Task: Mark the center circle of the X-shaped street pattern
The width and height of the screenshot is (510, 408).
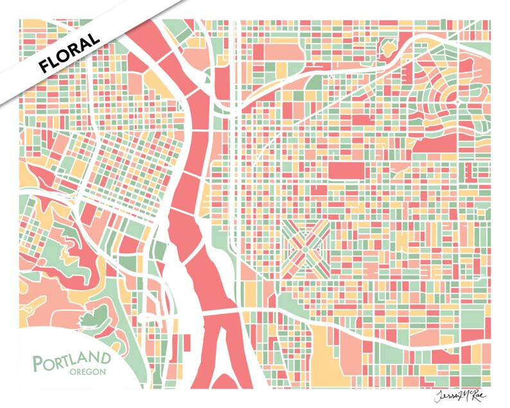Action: (x=306, y=245)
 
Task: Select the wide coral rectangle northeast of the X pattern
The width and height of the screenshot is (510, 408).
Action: (x=346, y=170)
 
